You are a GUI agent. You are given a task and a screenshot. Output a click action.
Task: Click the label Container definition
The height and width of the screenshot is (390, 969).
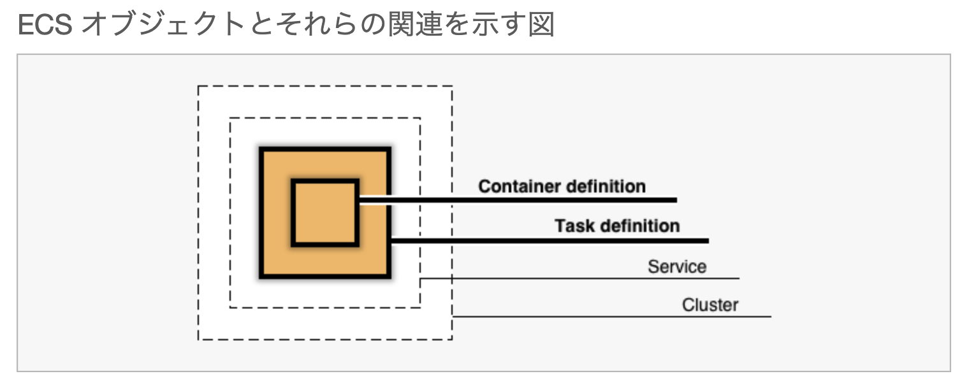coord(562,186)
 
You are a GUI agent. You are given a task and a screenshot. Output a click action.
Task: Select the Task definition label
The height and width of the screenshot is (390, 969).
coord(616,226)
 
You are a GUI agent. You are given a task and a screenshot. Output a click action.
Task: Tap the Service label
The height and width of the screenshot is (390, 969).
coord(677,266)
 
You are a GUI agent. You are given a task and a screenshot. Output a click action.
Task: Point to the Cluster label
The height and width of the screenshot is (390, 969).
coord(710,305)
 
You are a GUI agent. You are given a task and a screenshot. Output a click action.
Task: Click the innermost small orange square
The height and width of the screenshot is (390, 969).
coord(325,213)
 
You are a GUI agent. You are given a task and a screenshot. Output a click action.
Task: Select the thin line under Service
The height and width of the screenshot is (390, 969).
coord(580,278)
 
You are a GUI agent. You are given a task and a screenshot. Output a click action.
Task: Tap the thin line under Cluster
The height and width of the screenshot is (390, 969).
coord(612,316)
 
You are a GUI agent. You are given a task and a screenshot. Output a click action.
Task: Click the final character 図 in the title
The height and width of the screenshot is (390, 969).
coord(541,25)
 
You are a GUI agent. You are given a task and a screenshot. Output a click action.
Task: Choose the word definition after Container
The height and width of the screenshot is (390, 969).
coord(605,186)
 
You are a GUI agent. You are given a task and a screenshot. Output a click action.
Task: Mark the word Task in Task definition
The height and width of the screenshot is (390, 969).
coord(576,226)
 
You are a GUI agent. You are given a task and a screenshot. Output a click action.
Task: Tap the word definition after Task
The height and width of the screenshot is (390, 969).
coord(639,226)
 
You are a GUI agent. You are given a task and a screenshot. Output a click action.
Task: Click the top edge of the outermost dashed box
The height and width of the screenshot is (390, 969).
coord(325,86)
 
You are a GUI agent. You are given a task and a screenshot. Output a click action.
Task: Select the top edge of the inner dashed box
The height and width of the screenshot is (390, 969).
coord(325,118)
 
